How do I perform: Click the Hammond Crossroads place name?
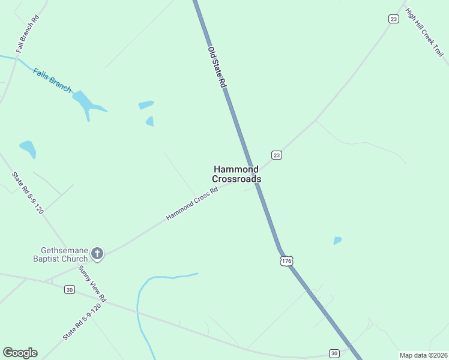tap(237, 174)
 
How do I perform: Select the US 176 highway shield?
tap(286, 260)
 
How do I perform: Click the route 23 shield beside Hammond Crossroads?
tap(276, 155)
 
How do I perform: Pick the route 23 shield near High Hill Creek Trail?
tap(393, 19)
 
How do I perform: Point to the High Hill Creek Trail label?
tap(424, 32)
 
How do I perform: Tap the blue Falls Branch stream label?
tap(52, 80)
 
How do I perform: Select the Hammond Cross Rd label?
tap(191, 205)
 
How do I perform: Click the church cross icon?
tap(97, 254)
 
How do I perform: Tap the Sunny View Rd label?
tap(92, 283)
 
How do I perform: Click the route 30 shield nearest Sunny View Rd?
tap(70, 290)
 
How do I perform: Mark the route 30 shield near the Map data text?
tap(334, 353)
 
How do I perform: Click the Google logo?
tap(20, 353)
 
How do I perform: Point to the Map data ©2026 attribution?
tap(423, 355)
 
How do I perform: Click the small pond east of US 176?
tap(337, 241)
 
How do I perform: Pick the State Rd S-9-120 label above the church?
tap(28, 193)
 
